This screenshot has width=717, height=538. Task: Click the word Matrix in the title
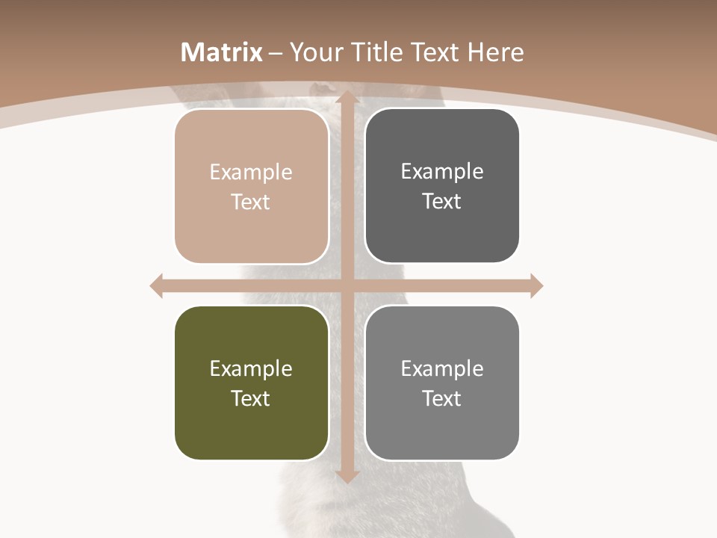[x=222, y=52]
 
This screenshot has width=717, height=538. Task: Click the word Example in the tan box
[x=251, y=172]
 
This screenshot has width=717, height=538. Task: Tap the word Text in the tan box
[x=251, y=202]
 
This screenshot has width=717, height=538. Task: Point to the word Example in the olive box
[x=251, y=368]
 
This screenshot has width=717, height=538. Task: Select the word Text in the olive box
[x=251, y=398]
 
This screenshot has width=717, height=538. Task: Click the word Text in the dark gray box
[x=442, y=201]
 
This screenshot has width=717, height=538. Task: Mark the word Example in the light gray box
[x=442, y=368]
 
